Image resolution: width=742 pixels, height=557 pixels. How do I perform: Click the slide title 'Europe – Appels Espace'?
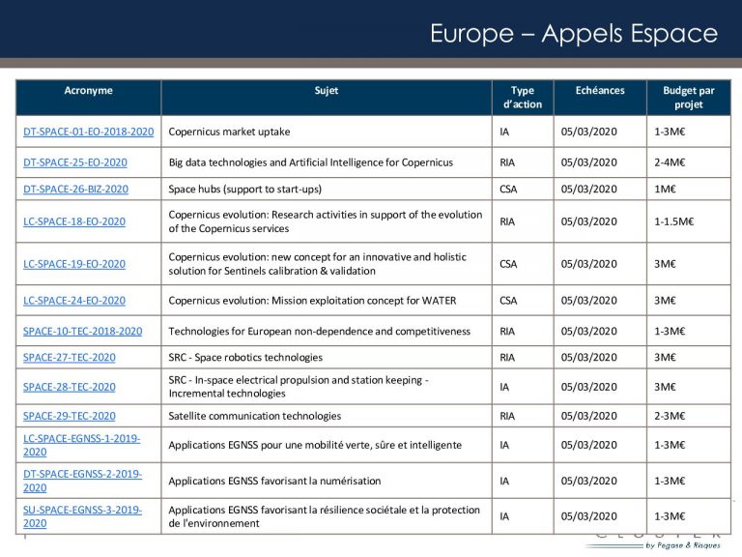point(574,35)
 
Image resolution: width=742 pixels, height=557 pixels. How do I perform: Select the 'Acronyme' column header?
point(88,91)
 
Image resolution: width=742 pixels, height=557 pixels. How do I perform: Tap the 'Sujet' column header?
point(327,91)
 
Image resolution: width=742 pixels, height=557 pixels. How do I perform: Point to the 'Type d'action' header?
point(523,98)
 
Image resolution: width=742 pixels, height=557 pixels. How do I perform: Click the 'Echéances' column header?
point(600,91)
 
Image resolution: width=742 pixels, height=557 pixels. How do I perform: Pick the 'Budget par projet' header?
point(689,98)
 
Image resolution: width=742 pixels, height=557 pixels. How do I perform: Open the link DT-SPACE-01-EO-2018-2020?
point(89,131)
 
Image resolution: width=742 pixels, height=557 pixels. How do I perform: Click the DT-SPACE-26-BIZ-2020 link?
point(75,189)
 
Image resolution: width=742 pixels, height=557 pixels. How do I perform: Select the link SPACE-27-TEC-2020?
point(70,357)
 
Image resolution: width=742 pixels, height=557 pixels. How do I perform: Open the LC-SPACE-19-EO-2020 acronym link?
point(74,264)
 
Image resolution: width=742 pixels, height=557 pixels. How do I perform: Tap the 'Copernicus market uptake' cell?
point(229,131)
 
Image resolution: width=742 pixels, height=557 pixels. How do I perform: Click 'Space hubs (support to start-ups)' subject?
point(244,189)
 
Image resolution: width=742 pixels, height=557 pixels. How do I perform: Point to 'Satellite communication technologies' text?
point(255,416)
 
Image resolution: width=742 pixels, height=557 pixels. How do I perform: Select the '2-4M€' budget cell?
point(670,161)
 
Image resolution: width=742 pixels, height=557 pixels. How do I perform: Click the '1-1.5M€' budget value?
point(674,221)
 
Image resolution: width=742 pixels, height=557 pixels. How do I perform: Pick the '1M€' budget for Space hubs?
point(665,189)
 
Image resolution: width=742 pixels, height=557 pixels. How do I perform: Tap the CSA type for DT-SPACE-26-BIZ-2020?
point(508,189)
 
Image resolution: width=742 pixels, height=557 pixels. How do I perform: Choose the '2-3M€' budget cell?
point(670,416)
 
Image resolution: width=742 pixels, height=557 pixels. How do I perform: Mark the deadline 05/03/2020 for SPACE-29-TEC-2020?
point(588,416)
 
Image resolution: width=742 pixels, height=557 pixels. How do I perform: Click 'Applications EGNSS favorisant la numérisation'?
point(274,481)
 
